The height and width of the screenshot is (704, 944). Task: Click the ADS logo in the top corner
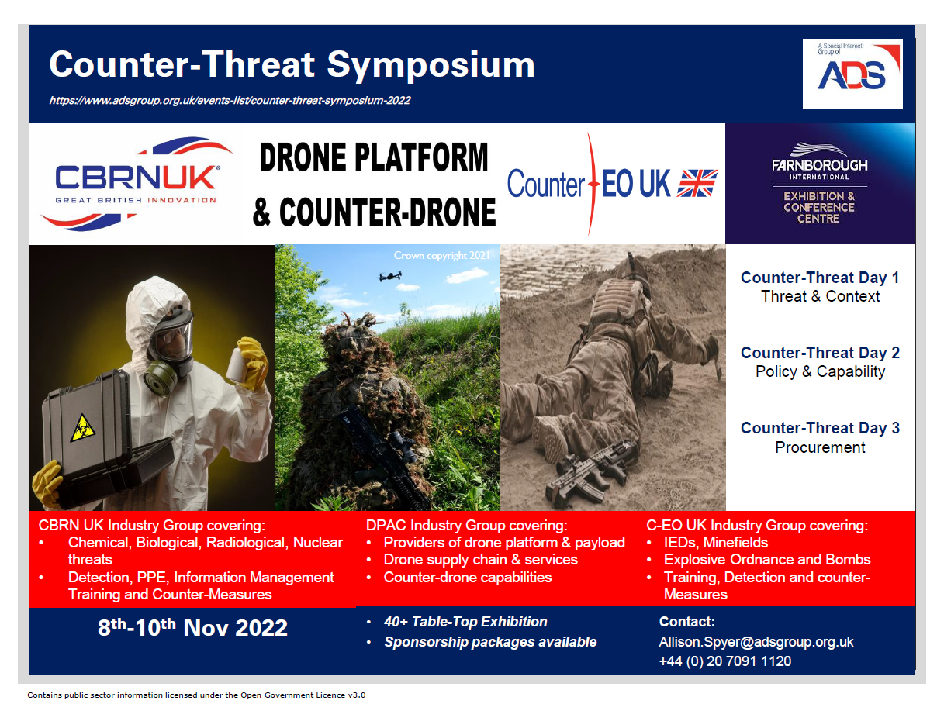tap(852, 74)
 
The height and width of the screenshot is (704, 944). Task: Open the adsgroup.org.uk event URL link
tap(230, 101)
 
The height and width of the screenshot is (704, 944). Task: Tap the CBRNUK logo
tap(136, 184)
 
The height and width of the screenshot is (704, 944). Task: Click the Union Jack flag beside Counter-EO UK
tap(697, 183)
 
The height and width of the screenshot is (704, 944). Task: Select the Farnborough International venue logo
tap(820, 184)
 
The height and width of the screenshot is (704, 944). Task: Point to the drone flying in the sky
tap(390, 276)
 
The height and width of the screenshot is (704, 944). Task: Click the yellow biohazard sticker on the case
tap(82, 428)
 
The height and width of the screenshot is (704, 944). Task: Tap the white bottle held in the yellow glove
tap(237, 364)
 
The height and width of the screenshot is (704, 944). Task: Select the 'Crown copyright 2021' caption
tap(441, 256)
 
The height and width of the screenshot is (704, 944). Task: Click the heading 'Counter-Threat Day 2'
tap(820, 353)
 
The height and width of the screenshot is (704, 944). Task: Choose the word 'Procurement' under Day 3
tap(820, 447)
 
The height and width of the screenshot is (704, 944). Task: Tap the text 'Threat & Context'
tap(820, 296)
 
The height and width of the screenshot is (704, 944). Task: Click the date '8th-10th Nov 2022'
tap(192, 627)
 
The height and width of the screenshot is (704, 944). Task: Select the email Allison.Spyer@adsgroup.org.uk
tap(756, 642)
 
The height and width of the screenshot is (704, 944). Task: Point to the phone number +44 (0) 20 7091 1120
tap(725, 661)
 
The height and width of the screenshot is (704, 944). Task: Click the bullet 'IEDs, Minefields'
tap(716, 543)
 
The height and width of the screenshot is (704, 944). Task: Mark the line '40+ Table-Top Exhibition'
tap(465, 622)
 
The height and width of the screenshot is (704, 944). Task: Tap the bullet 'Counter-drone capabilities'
tap(468, 577)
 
